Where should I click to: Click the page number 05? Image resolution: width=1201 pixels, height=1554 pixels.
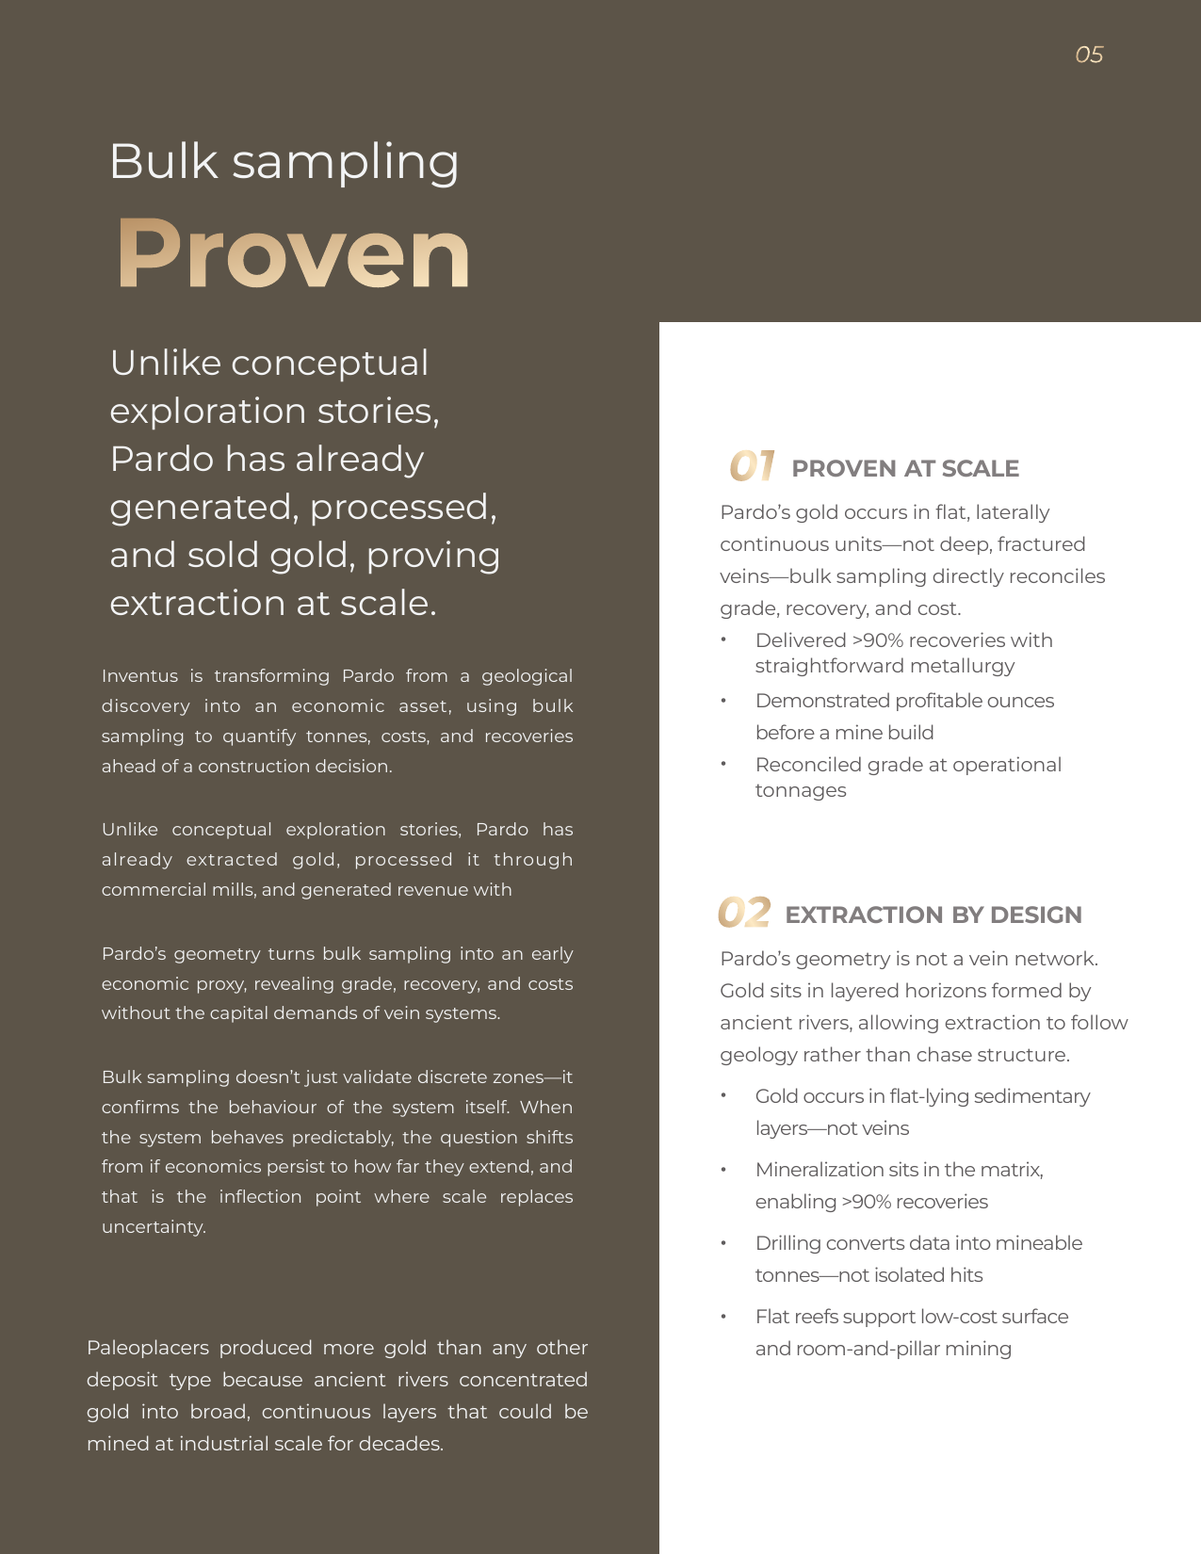(1089, 55)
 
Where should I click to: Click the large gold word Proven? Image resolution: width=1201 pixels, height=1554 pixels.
(293, 254)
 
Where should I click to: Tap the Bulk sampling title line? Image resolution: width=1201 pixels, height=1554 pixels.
(284, 162)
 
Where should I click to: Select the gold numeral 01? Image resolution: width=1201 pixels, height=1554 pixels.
(752, 465)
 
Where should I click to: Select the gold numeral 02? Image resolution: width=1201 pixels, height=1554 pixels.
(744, 913)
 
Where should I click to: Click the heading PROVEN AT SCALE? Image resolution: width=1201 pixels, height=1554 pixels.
(905, 468)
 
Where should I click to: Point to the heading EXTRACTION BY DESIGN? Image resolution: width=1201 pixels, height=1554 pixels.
(933, 915)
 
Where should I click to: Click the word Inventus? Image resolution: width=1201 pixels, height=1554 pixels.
(139, 675)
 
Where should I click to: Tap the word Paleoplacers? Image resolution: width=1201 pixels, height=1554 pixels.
(148, 1348)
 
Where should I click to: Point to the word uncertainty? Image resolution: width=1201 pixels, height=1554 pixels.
(153, 1226)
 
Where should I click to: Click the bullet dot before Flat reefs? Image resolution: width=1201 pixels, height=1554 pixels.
(723, 1317)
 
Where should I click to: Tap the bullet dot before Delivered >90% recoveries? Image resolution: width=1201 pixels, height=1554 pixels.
(723, 640)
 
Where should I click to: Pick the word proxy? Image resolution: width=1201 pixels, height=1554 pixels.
(220, 983)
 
